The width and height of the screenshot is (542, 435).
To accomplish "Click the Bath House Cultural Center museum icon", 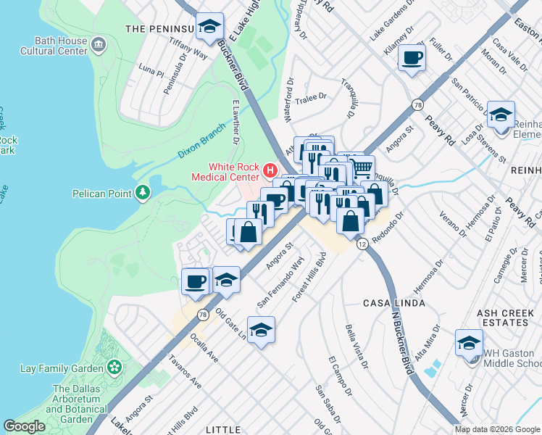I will [x=99, y=46].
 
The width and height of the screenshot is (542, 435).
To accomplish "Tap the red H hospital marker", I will [x=270, y=171].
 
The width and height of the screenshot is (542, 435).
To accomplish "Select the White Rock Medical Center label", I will [x=225, y=172].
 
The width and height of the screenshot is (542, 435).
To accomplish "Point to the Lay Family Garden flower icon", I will [x=114, y=368].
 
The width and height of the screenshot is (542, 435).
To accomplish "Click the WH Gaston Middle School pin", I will [x=469, y=342].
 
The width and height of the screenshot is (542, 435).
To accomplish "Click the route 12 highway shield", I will [x=360, y=245].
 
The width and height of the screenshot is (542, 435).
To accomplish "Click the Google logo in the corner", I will [x=24, y=426].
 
